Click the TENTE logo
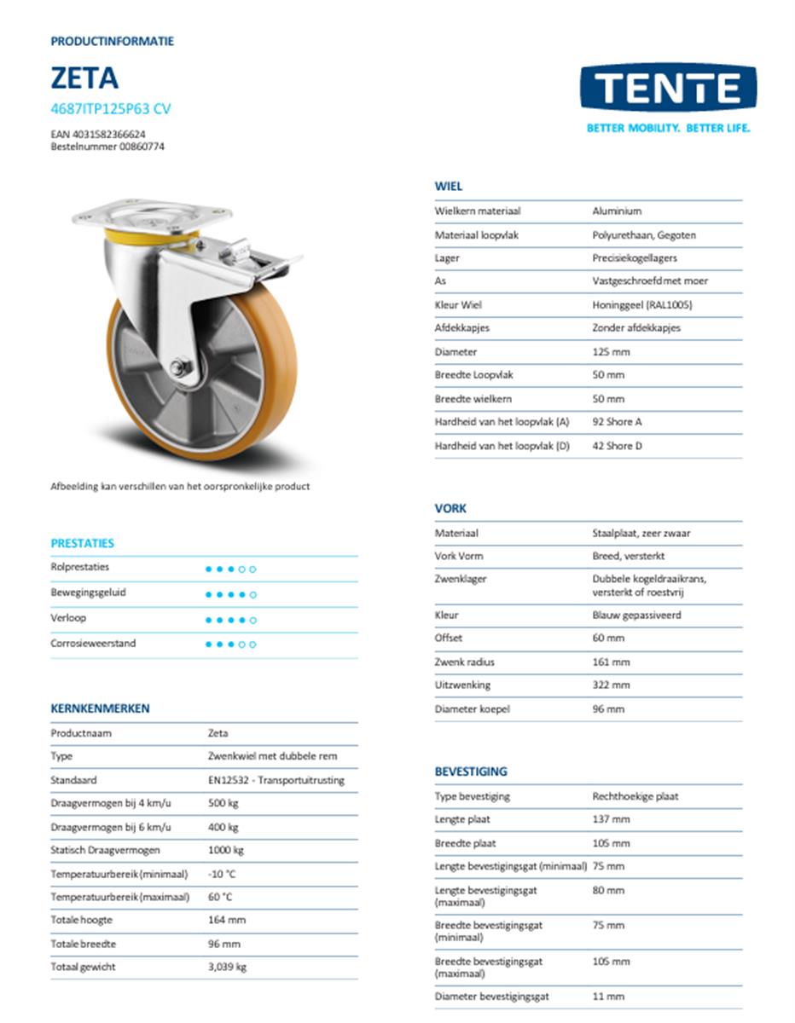(668, 89)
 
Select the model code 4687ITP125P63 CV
(110, 108)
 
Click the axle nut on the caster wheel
(180, 367)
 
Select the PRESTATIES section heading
(82, 543)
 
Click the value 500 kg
(223, 803)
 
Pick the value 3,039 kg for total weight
(227, 967)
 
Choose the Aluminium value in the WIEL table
(617, 211)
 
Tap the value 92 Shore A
(618, 422)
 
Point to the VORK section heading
(450, 508)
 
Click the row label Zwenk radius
(464, 662)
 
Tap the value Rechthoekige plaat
(635, 796)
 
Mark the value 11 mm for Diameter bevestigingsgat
(608, 996)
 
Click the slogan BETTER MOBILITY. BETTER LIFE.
(668, 129)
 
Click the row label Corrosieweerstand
(93, 644)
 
